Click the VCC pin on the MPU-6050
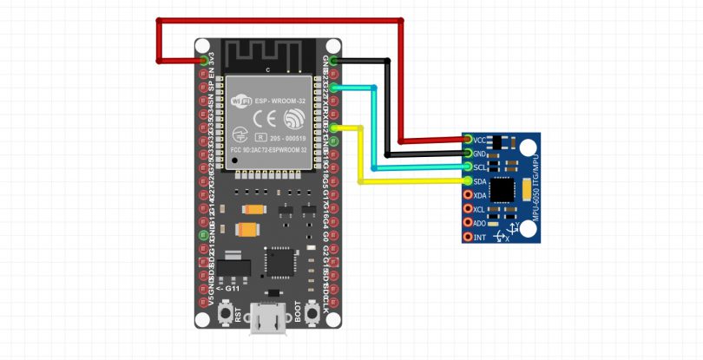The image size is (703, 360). click(x=468, y=140)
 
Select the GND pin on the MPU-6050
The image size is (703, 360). click(x=468, y=154)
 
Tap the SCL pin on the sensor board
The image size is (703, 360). click(x=468, y=167)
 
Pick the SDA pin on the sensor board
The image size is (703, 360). click(x=468, y=181)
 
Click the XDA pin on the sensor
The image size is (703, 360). click(x=468, y=195)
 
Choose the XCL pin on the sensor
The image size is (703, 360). click(x=468, y=209)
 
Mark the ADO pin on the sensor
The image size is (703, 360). click(x=468, y=223)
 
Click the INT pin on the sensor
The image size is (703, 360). click(x=468, y=237)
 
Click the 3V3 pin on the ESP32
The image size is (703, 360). click(x=205, y=61)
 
